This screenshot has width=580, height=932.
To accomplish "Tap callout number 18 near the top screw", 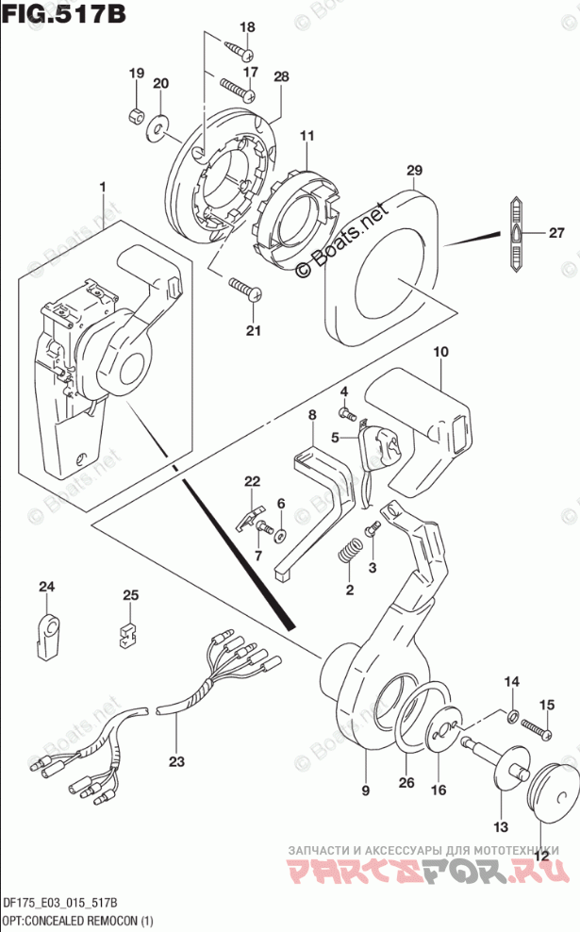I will click(247, 26).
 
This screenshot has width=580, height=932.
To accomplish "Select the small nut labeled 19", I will click(136, 115).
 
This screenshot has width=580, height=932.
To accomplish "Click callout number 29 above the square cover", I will click(413, 171).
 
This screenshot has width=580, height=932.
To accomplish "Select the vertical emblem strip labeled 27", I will click(518, 235).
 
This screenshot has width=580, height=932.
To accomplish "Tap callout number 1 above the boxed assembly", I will click(103, 188).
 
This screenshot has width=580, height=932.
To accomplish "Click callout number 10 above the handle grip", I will click(439, 352).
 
